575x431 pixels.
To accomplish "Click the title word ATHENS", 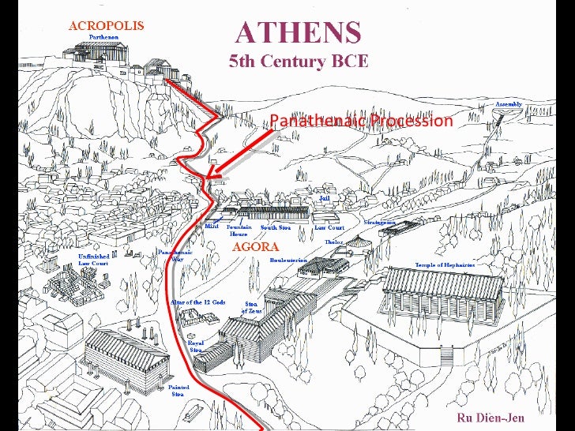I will (299, 33).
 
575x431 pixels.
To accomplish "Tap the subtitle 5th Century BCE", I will (298, 62).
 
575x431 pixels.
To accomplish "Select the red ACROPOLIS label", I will (106, 25).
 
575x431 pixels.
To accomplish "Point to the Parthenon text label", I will (104, 37).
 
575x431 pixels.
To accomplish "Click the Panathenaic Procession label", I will (361, 121).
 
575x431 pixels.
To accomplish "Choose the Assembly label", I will (509, 104).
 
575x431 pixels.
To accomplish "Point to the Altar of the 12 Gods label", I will (197, 302).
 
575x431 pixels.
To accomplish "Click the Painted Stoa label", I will (179, 392).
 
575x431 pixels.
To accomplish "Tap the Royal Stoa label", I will (195, 347).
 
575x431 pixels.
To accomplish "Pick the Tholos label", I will (333, 242).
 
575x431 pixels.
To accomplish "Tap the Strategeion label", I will (379, 223).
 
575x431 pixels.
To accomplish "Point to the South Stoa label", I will (276, 227).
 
